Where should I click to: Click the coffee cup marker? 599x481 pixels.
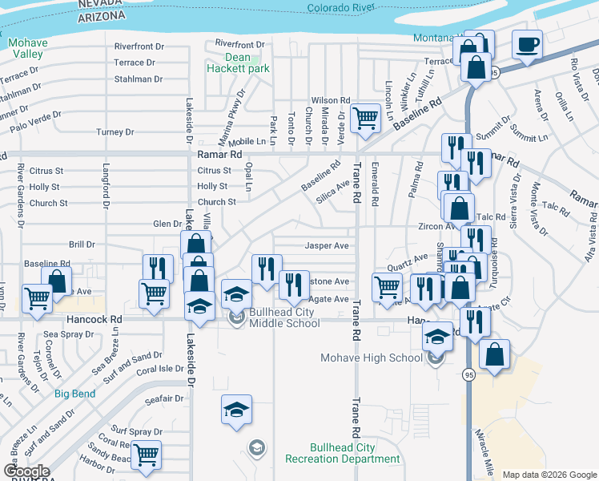point(528,45)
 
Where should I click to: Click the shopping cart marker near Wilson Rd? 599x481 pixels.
point(366,118)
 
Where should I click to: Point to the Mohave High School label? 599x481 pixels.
point(372,358)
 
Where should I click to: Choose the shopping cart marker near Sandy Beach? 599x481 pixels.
point(146,455)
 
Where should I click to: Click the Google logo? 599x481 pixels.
point(26,471)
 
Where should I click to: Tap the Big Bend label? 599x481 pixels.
point(74,394)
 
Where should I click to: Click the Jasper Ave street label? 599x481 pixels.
point(327,246)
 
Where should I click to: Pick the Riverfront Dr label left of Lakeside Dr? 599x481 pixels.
point(139,46)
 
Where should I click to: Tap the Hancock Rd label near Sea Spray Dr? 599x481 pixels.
point(94,319)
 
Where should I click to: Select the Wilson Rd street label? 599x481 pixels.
point(336,100)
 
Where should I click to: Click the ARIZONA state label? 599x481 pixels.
point(101,16)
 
